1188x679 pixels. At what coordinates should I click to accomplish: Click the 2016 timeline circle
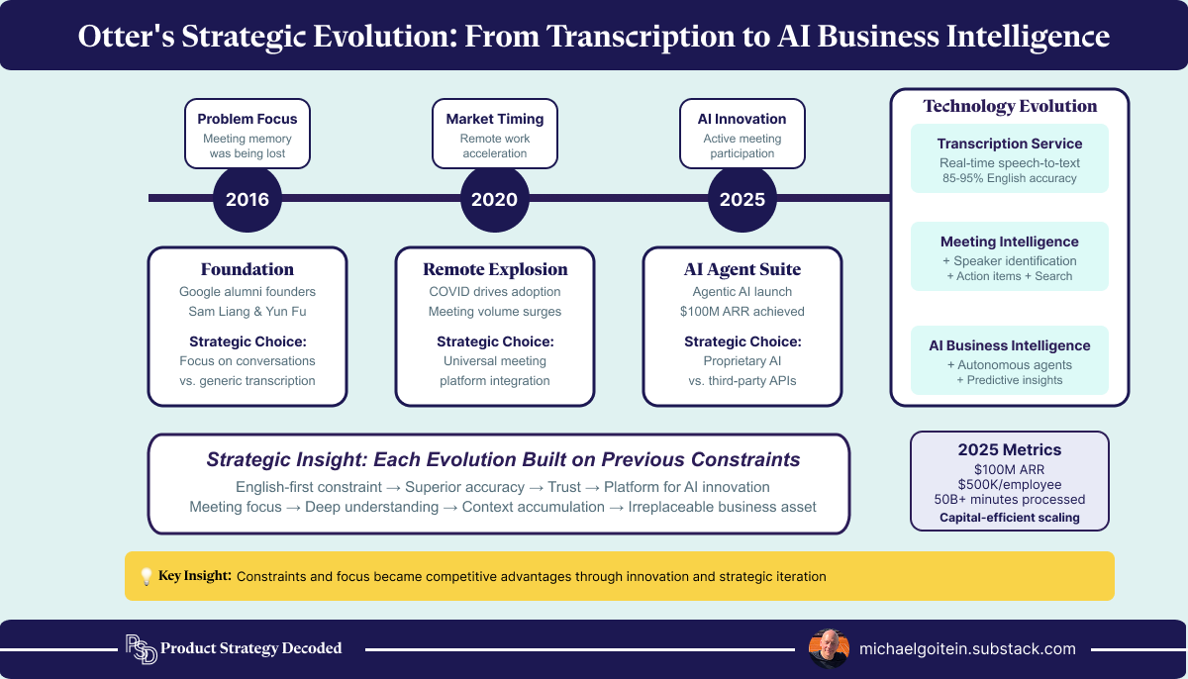(x=247, y=199)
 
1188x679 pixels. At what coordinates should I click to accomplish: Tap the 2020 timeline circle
(x=494, y=199)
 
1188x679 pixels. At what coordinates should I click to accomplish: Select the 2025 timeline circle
(x=742, y=199)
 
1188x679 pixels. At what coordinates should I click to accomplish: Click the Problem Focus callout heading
(x=247, y=119)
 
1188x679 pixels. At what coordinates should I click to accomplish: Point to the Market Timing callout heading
(x=494, y=119)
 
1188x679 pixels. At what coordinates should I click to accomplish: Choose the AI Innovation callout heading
(x=742, y=119)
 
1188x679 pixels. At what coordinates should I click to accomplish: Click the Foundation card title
(x=247, y=269)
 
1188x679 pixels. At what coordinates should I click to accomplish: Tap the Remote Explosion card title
(x=495, y=269)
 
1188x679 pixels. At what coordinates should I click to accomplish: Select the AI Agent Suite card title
(x=742, y=269)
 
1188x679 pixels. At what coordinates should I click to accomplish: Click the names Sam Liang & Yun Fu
(x=247, y=312)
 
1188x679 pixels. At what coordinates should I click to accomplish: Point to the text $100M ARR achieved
(x=742, y=312)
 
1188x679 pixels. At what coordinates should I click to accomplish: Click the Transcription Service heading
(x=1009, y=144)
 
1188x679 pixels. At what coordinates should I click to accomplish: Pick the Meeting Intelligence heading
(x=1009, y=242)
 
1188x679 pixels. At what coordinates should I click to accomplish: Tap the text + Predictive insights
(x=1009, y=380)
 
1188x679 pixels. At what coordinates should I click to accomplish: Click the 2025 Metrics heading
(x=1009, y=449)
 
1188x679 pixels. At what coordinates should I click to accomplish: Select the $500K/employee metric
(x=1009, y=483)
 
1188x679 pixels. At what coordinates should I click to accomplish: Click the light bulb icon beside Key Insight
(x=146, y=576)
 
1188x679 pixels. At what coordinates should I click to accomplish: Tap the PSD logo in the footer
(x=140, y=649)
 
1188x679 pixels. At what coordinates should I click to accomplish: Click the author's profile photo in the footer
(x=828, y=649)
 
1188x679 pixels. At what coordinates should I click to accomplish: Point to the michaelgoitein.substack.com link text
(x=967, y=649)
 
